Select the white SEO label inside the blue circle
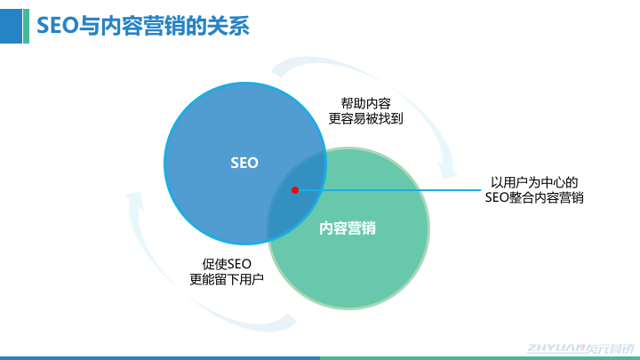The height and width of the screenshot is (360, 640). (244, 163)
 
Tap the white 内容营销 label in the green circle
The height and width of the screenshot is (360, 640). (348, 228)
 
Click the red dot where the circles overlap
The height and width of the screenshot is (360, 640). (295, 189)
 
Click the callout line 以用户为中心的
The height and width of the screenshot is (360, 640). (534, 182)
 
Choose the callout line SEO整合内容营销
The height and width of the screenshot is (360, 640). (534, 198)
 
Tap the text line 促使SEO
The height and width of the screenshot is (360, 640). (228, 263)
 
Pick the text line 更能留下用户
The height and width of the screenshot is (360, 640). (228, 279)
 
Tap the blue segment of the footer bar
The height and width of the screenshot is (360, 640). (160, 357)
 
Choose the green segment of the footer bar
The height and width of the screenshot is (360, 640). (480, 357)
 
